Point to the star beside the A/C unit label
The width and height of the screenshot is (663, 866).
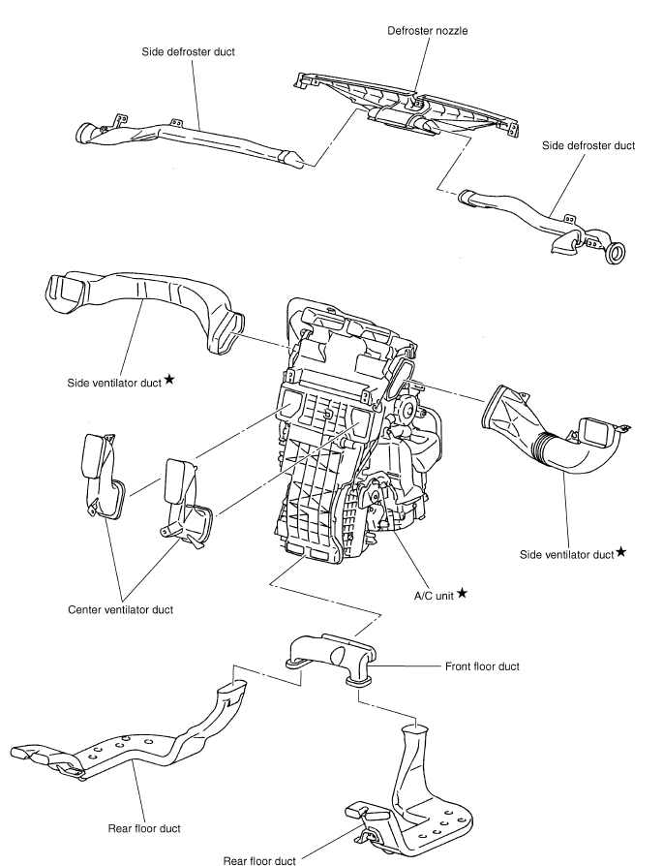coord(463,591)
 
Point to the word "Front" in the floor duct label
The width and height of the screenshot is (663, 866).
coord(460,667)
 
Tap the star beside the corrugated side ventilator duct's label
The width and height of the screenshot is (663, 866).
coord(620,552)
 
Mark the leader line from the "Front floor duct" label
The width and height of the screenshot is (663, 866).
coord(407,667)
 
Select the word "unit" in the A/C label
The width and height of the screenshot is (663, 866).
coord(443,593)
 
